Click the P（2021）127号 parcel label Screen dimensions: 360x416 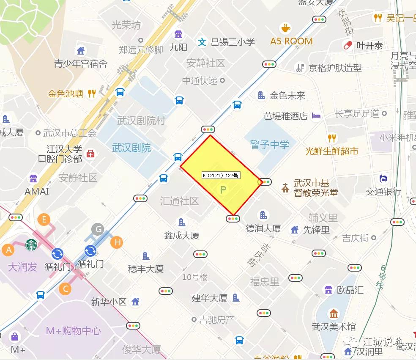(x=221, y=175)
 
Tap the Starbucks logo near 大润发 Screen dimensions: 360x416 (x=32, y=245)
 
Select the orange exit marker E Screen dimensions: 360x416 (x=44, y=219)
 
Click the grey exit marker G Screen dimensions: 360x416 (x=98, y=230)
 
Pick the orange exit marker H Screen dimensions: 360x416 (x=117, y=242)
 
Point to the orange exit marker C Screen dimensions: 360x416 (x=65, y=289)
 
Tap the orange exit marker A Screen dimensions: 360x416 (x=8, y=250)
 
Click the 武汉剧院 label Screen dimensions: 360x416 (x=131, y=148)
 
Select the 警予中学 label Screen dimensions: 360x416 (x=270, y=145)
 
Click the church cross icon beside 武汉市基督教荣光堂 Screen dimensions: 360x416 (x=286, y=187)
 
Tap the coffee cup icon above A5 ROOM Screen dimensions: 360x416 (x=286, y=28)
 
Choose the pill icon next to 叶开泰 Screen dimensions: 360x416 (x=348, y=45)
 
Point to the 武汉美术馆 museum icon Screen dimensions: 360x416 (x=334, y=314)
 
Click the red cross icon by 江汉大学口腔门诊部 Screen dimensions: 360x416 (x=90, y=154)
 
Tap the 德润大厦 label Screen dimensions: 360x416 (x=263, y=228)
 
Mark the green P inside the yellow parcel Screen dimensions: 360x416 (x=223, y=190)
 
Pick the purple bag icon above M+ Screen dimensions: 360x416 (x=15, y=337)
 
